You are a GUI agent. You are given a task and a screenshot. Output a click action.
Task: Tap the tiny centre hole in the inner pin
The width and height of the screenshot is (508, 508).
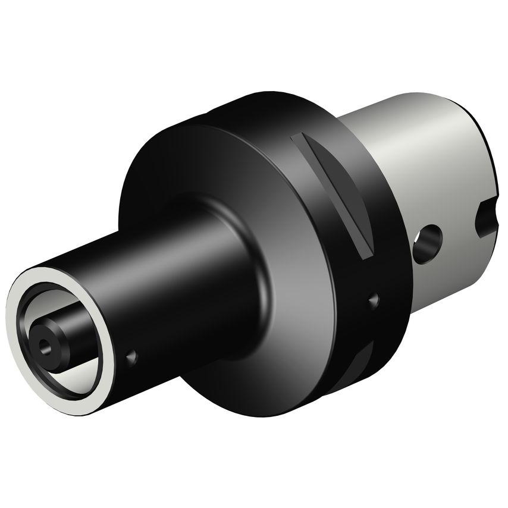click(43, 343)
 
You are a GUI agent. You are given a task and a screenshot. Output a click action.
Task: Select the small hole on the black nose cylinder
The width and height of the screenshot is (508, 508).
click(131, 357)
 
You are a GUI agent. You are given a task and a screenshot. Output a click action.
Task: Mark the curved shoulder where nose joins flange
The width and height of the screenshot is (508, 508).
click(250, 250)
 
